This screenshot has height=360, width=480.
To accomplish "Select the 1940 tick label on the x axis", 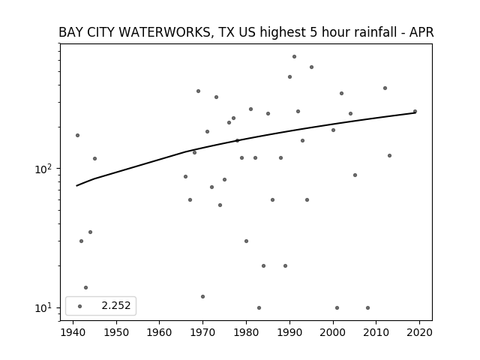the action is click(x=73, y=332).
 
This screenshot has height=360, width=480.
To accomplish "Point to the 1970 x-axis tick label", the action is click(x=202, y=332).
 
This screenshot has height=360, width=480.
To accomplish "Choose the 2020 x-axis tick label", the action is click(x=419, y=332).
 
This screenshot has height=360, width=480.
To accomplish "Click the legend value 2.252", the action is click(x=116, y=305).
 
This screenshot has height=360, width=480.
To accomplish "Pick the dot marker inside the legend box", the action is click(x=80, y=306).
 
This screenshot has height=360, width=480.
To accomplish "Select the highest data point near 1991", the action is click(x=294, y=57).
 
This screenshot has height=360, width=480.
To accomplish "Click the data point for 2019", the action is click(x=415, y=112).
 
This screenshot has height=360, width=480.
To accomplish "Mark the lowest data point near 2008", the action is click(x=367, y=307).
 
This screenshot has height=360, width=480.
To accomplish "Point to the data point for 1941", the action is click(x=77, y=135).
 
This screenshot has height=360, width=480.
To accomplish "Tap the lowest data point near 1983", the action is click(x=259, y=307).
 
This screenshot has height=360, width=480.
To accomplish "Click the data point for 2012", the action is click(x=385, y=88).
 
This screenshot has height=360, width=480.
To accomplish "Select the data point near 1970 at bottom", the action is click(x=202, y=297).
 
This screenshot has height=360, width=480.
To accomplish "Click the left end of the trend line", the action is click(x=76, y=186).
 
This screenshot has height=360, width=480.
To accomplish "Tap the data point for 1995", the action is click(x=312, y=67).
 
